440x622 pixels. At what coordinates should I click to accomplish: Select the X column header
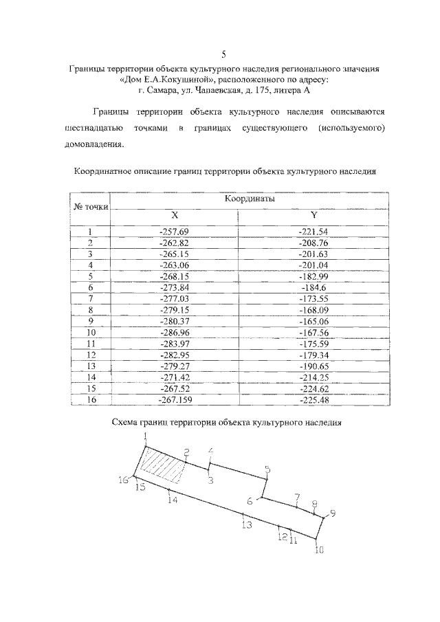tap(174, 215)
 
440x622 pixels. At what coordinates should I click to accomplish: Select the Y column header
tap(313, 215)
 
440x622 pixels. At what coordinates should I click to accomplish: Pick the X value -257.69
tap(174, 232)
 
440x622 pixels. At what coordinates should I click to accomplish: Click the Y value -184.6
tap(313, 287)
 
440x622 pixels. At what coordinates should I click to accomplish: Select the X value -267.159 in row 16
tap(174, 399)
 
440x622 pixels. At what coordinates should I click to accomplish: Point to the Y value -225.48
tap(313, 399)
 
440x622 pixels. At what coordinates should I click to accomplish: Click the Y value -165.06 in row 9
tap(313, 320)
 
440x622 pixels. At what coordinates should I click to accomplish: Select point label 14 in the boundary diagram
tap(172, 500)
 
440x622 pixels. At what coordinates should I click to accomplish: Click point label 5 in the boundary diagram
tap(267, 470)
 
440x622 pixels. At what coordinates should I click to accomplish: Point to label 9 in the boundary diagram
tap(333, 514)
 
